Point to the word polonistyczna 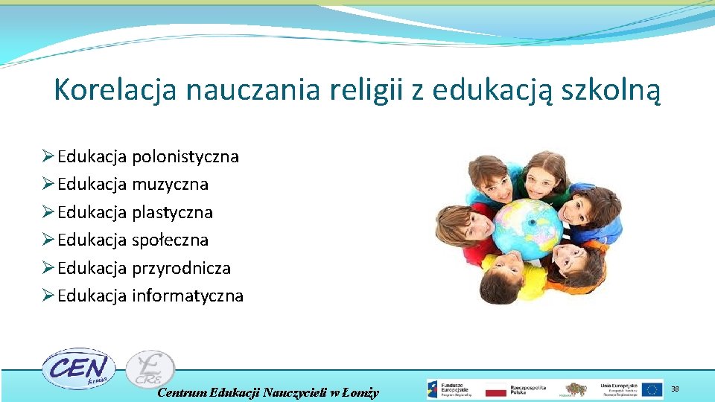185,157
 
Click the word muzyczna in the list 170,184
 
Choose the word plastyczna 172,212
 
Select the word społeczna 170,240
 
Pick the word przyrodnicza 181,268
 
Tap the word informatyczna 188,296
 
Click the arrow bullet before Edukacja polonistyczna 47,157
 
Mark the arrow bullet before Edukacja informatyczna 47,296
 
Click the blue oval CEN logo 77,368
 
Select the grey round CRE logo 150,368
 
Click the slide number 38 676,389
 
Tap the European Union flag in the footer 652,389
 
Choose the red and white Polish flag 496,389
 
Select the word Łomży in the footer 363,392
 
